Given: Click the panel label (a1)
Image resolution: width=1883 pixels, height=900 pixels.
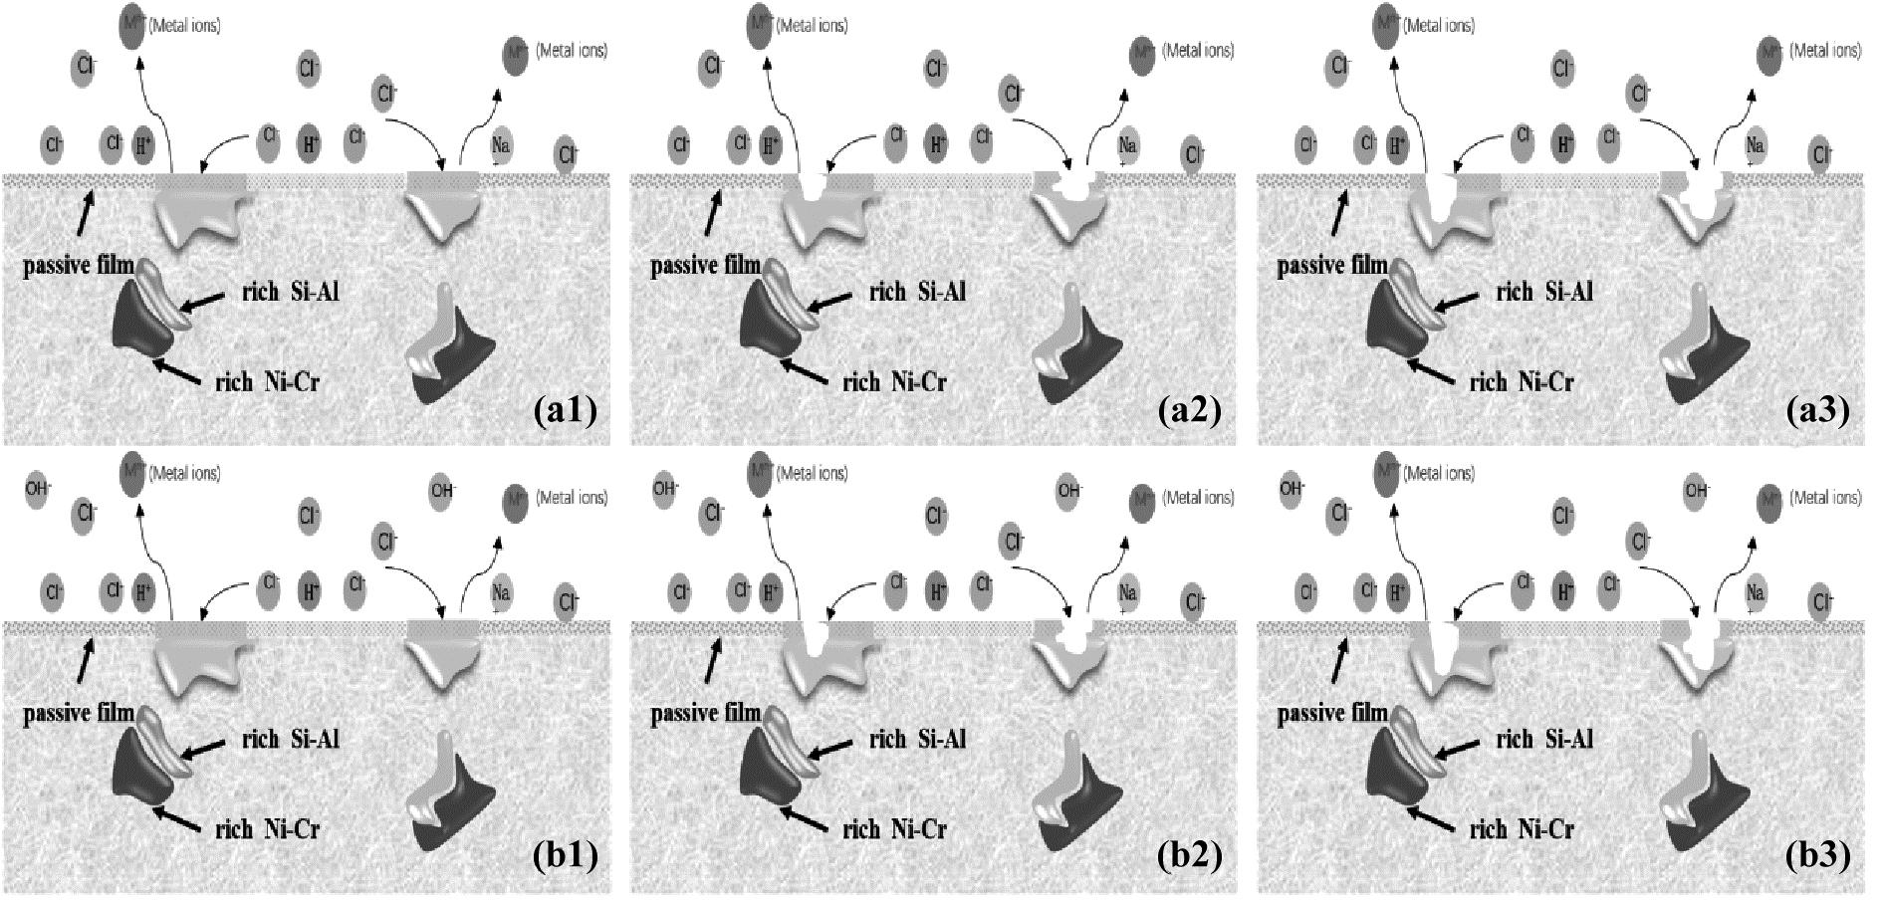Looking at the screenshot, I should pyautogui.click(x=565, y=410).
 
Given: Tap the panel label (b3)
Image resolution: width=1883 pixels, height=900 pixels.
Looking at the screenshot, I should pyautogui.click(x=1818, y=856).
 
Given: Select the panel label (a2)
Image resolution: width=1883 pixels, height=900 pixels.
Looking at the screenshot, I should pyautogui.click(x=1191, y=410).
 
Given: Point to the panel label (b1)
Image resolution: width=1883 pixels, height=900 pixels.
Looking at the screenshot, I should pyautogui.click(x=565, y=856).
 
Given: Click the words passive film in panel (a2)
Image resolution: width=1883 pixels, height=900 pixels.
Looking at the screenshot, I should pyautogui.click(x=705, y=267).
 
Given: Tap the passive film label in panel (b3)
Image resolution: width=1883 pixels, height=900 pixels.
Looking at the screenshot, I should pyautogui.click(x=1332, y=713).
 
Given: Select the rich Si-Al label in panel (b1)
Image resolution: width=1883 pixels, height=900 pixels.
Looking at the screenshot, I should pyautogui.click(x=291, y=739).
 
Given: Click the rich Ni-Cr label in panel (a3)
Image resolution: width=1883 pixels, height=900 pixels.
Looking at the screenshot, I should pyautogui.click(x=1522, y=381).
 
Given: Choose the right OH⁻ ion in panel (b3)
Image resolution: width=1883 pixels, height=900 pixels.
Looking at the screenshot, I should pyautogui.click(x=1697, y=490).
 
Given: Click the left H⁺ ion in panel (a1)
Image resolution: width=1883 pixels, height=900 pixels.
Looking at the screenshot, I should pyautogui.click(x=145, y=146).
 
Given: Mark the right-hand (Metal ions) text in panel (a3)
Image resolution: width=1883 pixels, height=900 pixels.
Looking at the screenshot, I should pyautogui.click(x=1825, y=50).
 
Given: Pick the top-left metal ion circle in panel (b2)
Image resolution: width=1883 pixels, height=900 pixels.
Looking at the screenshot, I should pyautogui.click(x=761, y=473).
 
